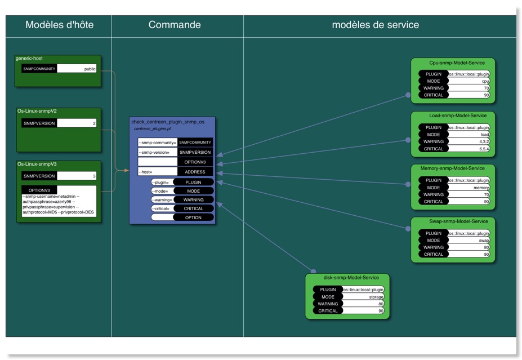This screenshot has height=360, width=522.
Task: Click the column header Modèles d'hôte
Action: pyautogui.click(x=59, y=25)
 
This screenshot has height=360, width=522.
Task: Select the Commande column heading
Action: pyautogui.click(x=175, y=25)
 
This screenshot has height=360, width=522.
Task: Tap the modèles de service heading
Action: pyautogui.click(x=375, y=25)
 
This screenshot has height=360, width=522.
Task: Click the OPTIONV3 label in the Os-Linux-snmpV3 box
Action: pyautogui.click(x=39, y=190)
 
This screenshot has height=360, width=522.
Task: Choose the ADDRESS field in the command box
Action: pyautogui.click(x=195, y=172)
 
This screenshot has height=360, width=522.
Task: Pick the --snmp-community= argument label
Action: pyautogui.click(x=158, y=143)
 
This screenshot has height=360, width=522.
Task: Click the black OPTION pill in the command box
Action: pyautogui.click(x=193, y=217)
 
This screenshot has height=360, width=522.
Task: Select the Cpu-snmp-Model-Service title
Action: pyautogui.click(x=453, y=63)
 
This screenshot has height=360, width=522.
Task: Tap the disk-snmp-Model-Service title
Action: pyautogui.click(x=347, y=278)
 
